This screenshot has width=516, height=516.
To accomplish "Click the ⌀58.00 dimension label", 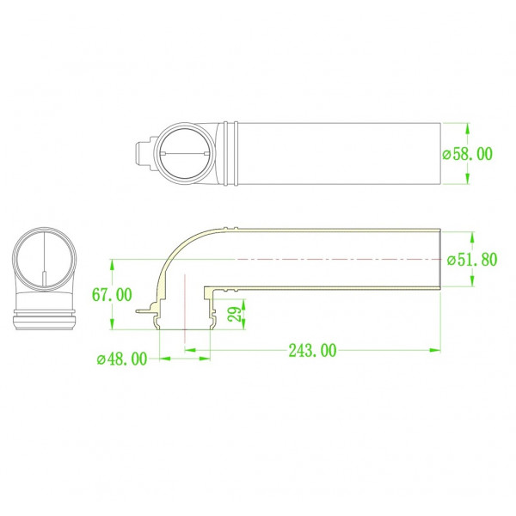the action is coord(467,154).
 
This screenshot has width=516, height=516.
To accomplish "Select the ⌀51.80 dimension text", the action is coord(472,260).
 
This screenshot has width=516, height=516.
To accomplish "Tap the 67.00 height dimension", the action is coord(112,294).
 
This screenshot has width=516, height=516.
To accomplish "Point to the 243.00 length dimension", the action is coord(313,351).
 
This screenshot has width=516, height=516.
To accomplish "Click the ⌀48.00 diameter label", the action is coord(122,359).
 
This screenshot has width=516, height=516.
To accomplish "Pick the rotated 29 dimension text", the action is coord(236,314).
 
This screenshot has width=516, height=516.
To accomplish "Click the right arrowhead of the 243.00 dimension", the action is coord(435,350).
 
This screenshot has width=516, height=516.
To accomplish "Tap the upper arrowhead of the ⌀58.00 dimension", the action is coord(467,128).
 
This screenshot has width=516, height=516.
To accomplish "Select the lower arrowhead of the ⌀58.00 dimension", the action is coord(467,179).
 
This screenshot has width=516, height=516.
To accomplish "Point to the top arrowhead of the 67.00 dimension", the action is coord(112,265).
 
